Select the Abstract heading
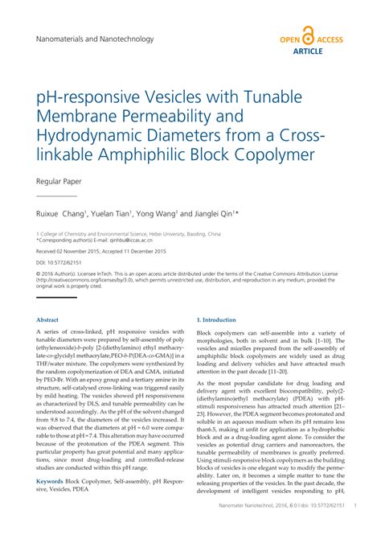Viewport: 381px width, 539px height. pos(47,319)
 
